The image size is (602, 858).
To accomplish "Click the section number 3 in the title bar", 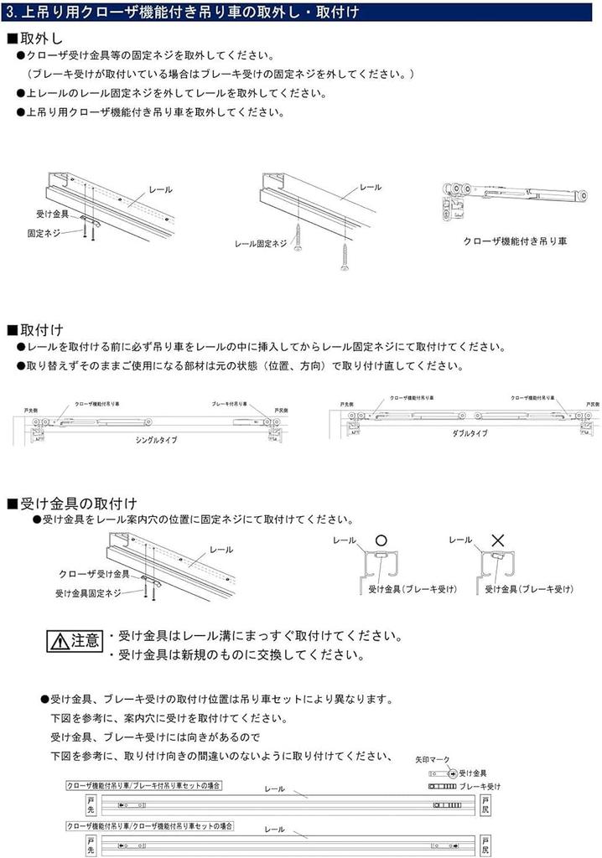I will (10, 12).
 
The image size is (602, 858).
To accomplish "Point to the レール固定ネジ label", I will (261, 244).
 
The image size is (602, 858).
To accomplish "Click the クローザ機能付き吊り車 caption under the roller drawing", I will (515, 240).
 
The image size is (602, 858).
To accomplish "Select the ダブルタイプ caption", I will (469, 434).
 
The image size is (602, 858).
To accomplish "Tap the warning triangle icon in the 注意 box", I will (60, 643).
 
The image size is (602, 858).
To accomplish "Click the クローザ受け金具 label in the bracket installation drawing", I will (94, 574).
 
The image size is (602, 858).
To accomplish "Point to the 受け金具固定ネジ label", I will (88, 592).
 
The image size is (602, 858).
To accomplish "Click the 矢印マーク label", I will (430, 757).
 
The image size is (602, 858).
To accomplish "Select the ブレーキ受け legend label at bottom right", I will (482, 787).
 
